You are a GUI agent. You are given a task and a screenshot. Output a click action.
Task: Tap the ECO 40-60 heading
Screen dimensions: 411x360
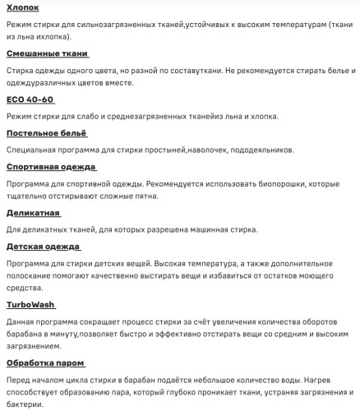(30, 99)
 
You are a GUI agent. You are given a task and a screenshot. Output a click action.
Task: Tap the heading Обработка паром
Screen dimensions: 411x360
(45, 362)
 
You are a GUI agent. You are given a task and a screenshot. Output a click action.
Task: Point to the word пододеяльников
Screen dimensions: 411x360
(255, 150)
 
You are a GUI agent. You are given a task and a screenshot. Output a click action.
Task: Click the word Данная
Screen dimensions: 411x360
(21, 321)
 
